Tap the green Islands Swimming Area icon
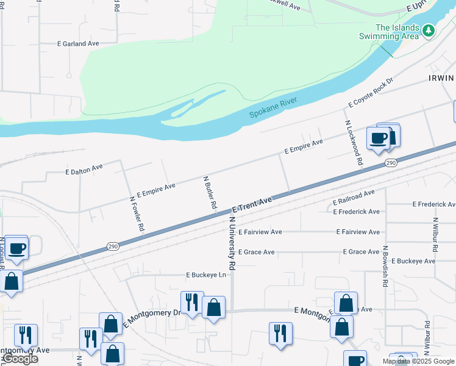(429, 29)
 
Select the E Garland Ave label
(78, 44)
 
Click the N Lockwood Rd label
(354, 143)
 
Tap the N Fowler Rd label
(137, 213)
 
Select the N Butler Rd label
(210, 193)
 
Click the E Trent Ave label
(251, 204)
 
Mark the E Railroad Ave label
(354, 198)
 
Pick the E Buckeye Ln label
(205, 275)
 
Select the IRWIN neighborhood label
(442, 78)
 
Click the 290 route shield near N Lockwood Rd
(391, 163)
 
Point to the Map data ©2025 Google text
(418, 361)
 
